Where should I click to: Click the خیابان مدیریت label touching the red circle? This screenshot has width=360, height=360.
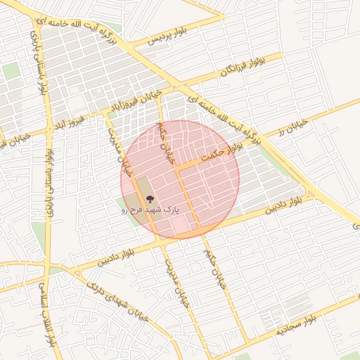click(121, 151)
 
